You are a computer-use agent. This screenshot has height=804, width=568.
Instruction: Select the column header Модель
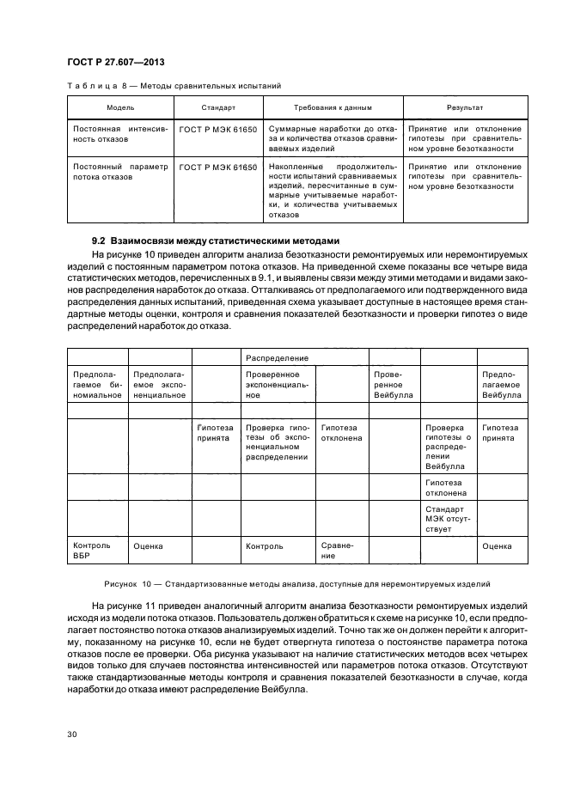(120, 108)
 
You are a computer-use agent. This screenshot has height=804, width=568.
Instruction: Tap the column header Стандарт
(218, 108)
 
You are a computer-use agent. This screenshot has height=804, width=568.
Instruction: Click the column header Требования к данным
(333, 108)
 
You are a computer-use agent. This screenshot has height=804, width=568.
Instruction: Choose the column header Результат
(465, 108)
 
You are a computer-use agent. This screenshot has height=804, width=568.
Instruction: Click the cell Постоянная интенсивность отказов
(120, 132)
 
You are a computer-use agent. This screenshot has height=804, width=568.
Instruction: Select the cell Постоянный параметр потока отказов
(120, 171)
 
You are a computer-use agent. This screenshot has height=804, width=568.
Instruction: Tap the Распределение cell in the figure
(278, 356)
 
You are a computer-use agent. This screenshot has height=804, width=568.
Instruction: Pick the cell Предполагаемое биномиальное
(96, 385)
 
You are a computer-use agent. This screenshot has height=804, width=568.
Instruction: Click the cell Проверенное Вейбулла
(393, 385)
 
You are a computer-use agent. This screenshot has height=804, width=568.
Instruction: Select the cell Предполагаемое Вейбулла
(502, 385)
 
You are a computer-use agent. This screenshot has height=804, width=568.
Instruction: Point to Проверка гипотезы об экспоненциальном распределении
(277, 442)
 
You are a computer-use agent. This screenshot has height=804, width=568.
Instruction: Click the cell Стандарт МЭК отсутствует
(447, 518)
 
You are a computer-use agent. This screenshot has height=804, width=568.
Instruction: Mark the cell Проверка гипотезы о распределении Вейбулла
(447, 447)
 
